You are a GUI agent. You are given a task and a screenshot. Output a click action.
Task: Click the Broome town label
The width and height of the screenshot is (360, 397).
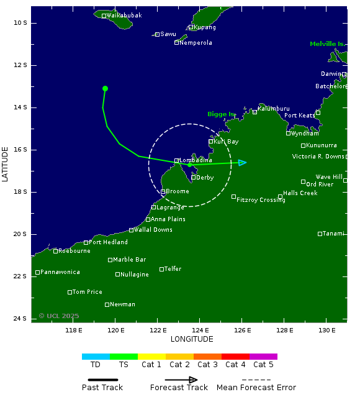[178, 191]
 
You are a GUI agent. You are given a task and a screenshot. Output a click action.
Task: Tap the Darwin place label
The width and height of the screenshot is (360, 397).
[331, 74]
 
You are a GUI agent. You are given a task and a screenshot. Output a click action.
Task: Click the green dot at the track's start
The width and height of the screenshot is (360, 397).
[105, 89]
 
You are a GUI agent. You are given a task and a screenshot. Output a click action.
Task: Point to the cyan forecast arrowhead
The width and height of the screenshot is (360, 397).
[243, 162]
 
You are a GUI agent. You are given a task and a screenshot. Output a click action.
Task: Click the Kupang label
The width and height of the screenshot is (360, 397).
[205, 27]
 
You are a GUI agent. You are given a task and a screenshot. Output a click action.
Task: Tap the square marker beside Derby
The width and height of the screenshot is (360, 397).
[194, 177]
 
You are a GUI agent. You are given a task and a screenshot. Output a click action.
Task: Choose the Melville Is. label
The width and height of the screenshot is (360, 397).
[326, 44]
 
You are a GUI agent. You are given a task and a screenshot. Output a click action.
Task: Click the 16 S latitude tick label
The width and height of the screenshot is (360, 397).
[20, 150]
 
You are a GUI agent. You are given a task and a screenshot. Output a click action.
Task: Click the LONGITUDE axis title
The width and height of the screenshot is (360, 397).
[192, 339]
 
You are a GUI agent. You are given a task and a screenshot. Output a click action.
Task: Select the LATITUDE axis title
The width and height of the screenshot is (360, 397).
[6, 164]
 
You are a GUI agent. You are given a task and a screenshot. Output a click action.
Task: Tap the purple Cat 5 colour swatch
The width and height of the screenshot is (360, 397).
[263, 357]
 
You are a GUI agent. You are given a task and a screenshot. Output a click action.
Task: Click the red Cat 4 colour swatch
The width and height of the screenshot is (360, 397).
[235, 357]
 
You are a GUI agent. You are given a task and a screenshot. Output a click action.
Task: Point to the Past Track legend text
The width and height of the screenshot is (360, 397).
[102, 388]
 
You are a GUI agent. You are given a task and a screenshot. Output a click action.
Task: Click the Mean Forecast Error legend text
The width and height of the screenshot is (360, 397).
[256, 388]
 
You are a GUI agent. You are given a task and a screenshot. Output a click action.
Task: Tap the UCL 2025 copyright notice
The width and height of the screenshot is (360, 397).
[59, 316]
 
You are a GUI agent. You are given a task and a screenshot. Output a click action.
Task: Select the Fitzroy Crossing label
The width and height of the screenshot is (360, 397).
[261, 200]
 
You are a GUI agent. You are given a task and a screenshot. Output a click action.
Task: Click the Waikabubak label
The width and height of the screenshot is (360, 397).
[124, 15]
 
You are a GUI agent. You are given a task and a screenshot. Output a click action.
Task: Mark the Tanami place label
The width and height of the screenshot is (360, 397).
[333, 234]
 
